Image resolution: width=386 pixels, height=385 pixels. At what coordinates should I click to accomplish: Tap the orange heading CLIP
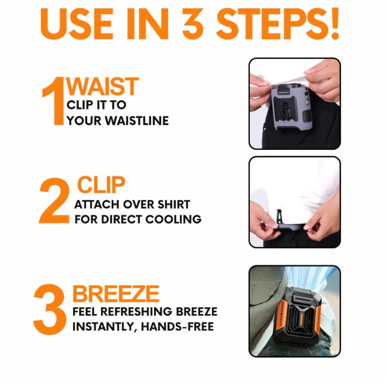[101, 185]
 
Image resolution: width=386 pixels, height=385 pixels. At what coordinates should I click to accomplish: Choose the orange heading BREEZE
[116, 294]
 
